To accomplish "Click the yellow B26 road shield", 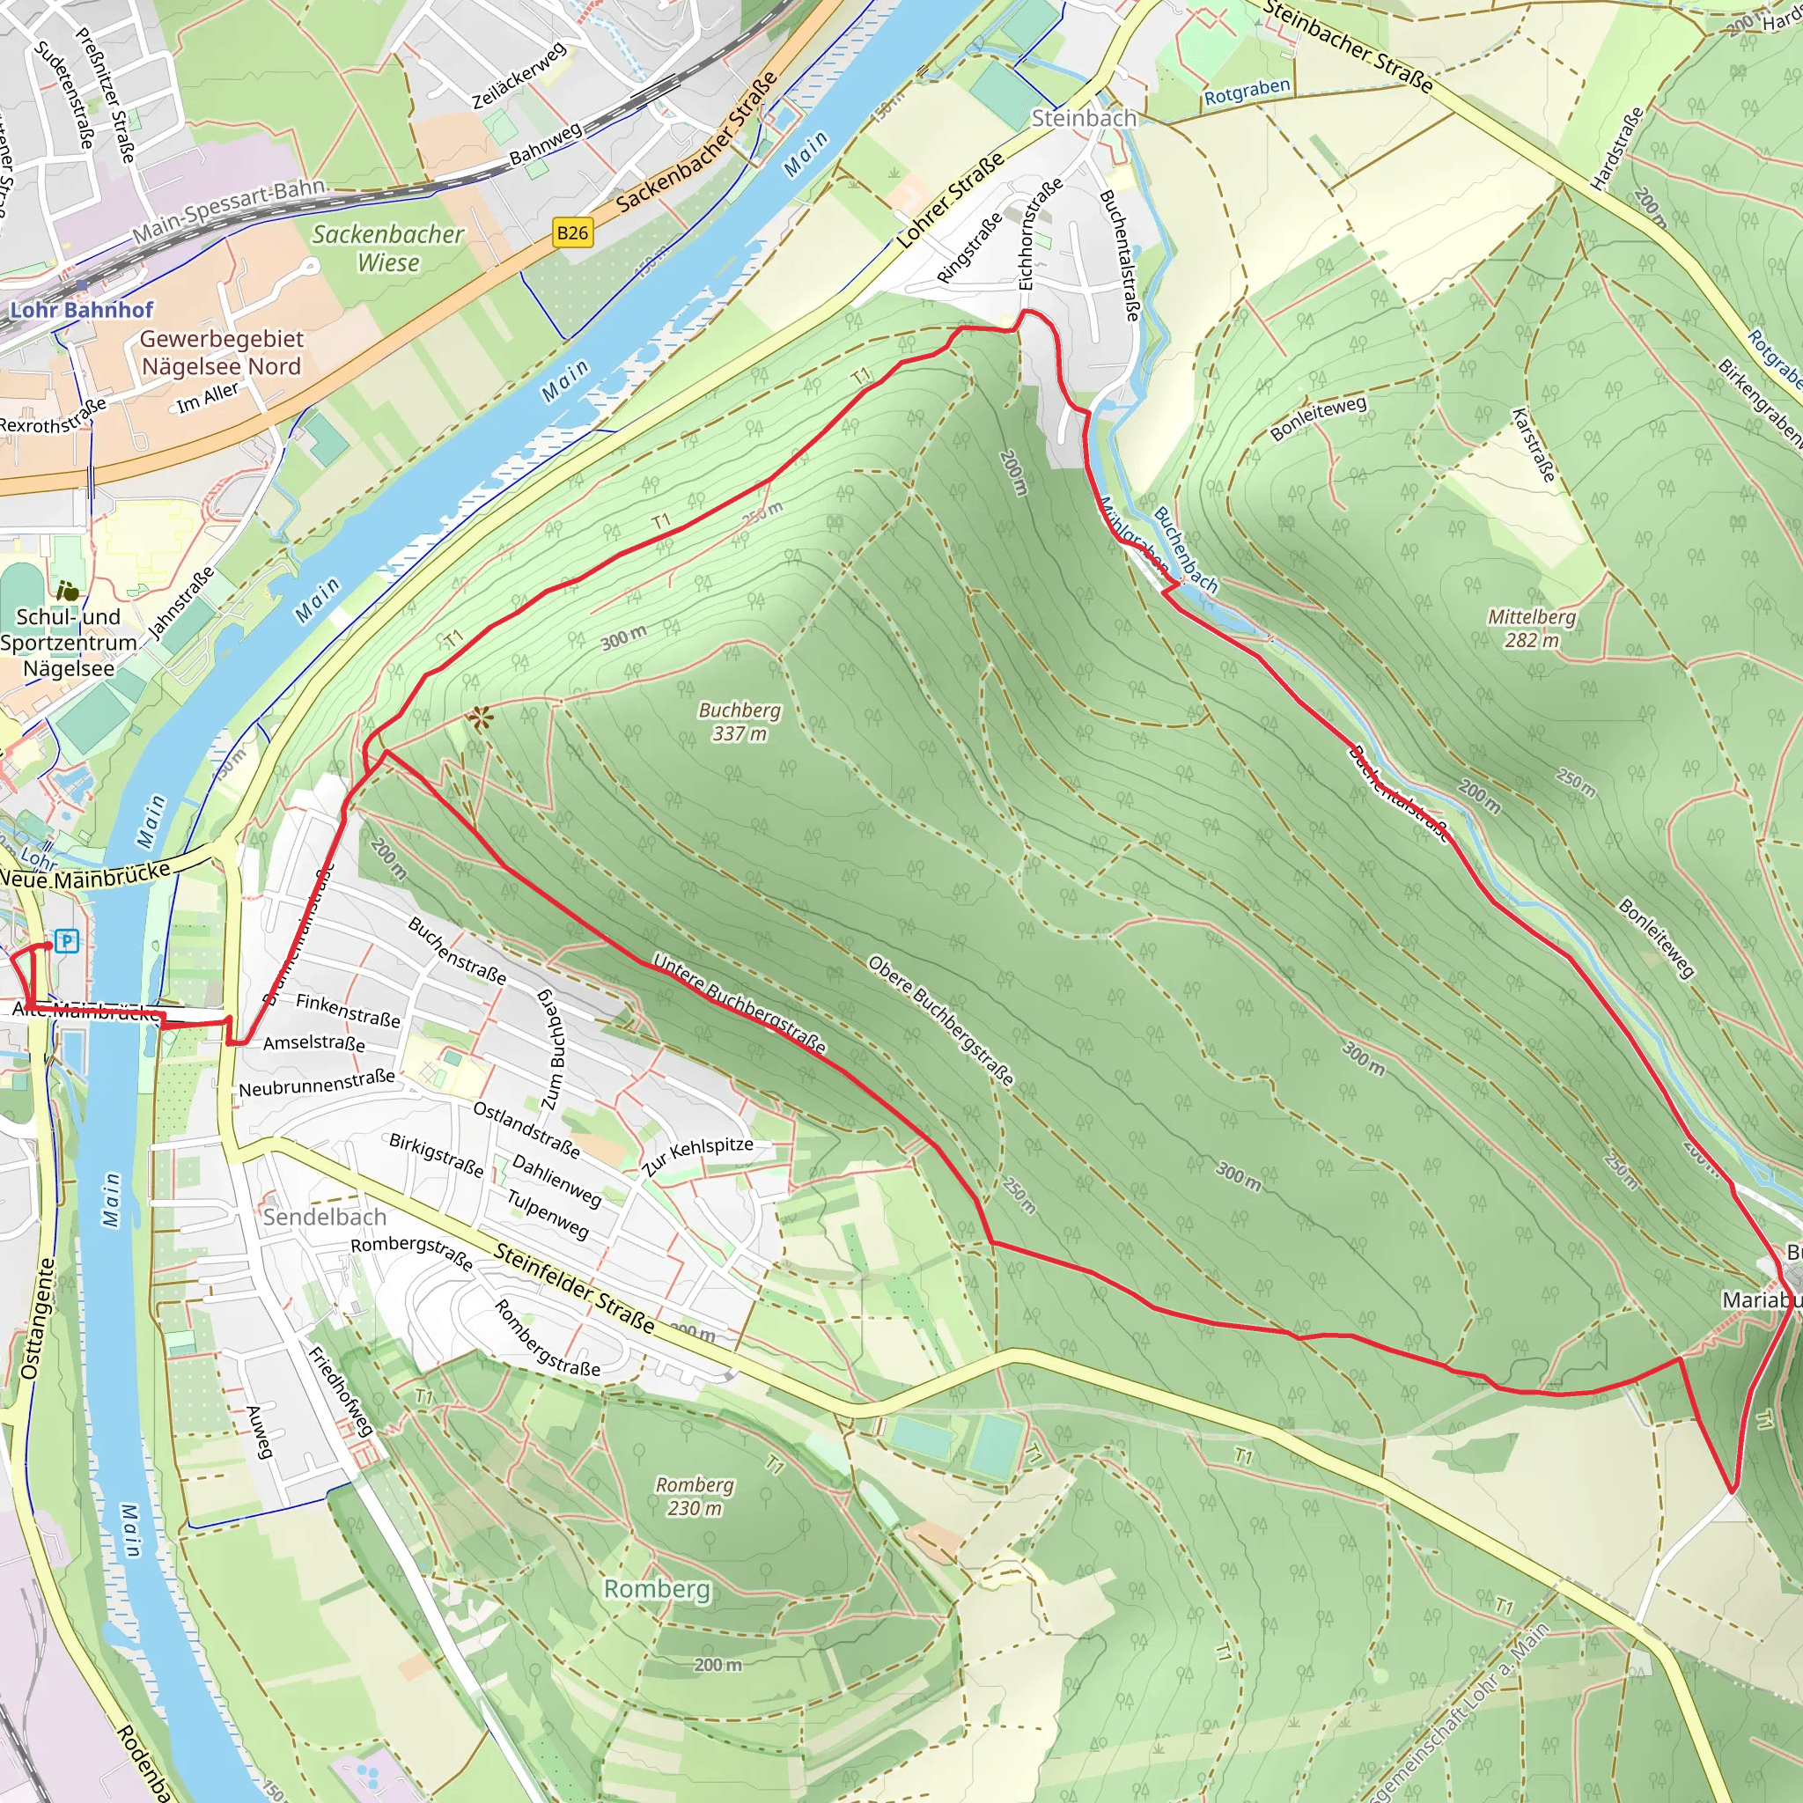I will click(x=572, y=232).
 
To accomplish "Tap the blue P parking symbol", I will click(x=66, y=941).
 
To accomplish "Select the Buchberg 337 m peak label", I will click(x=740, y=721).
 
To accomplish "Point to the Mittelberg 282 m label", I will click(x=1532, y=628).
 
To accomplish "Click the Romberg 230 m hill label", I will click(x=695, y=1496).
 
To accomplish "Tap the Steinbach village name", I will click(x=1084, y=119).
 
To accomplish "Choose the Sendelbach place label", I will click(x=324, y=1217).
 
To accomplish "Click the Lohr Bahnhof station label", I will click(x=81, y=310).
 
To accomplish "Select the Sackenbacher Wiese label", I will click(x=387, y=248).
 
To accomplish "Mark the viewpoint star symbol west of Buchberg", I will click(x=481, y=718).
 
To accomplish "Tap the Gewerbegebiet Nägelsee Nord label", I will click(x=221, y=353).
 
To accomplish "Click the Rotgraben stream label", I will click(x=1247, y=92).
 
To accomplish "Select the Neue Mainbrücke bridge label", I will click(x=86, y=875).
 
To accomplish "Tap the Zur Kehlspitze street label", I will click(x=697, y=1155).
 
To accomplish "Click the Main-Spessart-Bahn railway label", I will click(x=229, y=211).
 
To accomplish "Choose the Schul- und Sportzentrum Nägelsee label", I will click(x=68, y=642).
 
